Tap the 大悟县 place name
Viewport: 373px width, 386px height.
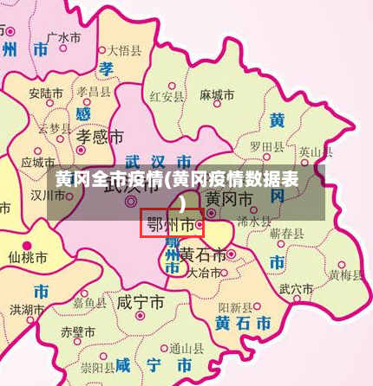(124, 50)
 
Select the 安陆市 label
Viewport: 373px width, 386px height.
(45, 92)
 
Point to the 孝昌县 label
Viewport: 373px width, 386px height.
(94, 90)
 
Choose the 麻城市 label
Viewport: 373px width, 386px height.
(217, 95)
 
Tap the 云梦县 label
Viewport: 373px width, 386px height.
(55, 127)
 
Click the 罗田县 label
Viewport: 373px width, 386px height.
(266, 146)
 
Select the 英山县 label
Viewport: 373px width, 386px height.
(316, 152)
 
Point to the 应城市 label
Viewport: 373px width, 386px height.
(38, 162)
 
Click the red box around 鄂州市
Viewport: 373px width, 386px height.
(172, 223)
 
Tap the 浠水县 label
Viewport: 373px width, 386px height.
(254, 221)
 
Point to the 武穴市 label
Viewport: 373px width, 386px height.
(297, 288)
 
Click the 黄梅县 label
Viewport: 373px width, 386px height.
(345, 275)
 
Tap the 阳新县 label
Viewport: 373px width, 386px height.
(235, 307)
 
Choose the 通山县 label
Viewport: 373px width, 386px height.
(186, 349)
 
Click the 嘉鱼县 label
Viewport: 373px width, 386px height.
(90, 303)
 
